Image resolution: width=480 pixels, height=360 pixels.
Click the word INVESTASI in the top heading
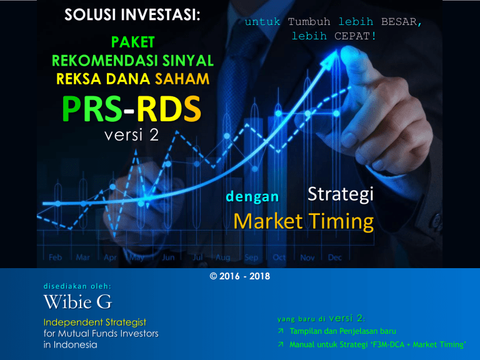tap(161, 15)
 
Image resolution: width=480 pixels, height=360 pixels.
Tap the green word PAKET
tap(133, 42)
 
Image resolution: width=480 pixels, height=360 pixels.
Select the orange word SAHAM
tap(182, 79)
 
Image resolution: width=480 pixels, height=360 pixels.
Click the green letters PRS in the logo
tap(92, 109)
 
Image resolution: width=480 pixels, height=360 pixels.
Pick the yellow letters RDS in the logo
tap(169, 109)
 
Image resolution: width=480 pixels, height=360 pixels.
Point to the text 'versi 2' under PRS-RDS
tap(132, 135)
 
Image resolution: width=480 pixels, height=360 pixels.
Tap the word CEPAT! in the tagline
tap(355, 36)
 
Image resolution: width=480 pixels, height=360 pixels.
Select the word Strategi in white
tap(341, 195)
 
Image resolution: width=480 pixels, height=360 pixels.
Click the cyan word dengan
tap(252, 197)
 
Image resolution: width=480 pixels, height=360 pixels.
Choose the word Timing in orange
tap(341, 221)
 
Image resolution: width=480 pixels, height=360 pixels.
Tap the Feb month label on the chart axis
tap(56, 257)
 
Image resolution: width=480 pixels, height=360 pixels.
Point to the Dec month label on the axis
tap(335, 257)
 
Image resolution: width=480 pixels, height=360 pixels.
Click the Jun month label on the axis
tap(168, 257)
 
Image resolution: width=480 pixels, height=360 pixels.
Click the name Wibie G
tap(77, 302)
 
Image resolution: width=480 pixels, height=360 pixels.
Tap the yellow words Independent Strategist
tap(95, 322)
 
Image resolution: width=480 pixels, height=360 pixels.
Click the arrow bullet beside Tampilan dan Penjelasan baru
tap(281, 331)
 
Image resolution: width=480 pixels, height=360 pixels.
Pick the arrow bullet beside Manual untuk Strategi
tap(281, 344)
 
